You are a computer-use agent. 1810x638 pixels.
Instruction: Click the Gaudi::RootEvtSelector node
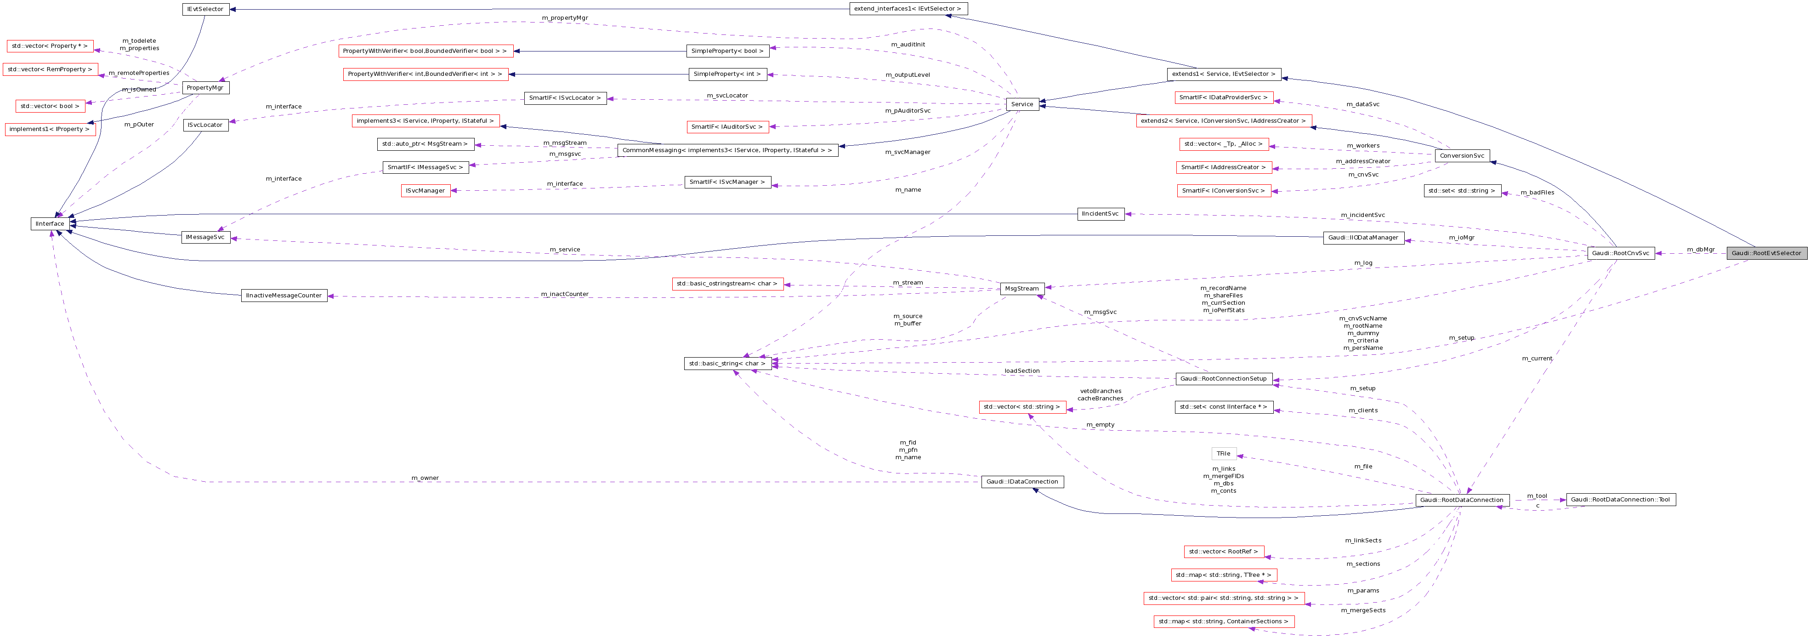pyautogui.click(x=1766, y=253)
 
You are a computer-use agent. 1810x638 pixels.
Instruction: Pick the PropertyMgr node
pyautogui.click(x=205, y=88)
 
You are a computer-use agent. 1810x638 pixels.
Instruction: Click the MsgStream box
pyautogui.click(x=1021, y=288)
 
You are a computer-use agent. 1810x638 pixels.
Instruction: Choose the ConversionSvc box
pyautogui.click(x=1462, y=155)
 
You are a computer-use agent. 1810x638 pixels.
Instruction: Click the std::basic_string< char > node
pyautogui.click(x=727, y=363)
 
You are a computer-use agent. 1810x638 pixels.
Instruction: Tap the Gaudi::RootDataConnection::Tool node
pyautogui.click(x=1620, y=500)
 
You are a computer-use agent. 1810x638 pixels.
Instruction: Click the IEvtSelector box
pyautogui.click(x=205, y=9)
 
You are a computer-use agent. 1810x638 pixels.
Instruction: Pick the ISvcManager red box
pyautogui.click(x=426, y=190)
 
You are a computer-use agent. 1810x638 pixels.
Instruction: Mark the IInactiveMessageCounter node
pyautogui.click(x=284, y=295)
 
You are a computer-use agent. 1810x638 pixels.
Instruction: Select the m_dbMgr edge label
pyautogui.click(x=1700, y=250)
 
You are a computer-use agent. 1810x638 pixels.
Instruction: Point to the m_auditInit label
pyautogui.click(x=908, y=44)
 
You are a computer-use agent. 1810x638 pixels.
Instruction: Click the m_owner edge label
pyautogui.click(x=425, y=478)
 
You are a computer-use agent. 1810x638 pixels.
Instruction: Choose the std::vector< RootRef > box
pyautogui.click(x=1223, y=552)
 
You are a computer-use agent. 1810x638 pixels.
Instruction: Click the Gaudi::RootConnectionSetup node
pyautogui.click(x=1223, y=379)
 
